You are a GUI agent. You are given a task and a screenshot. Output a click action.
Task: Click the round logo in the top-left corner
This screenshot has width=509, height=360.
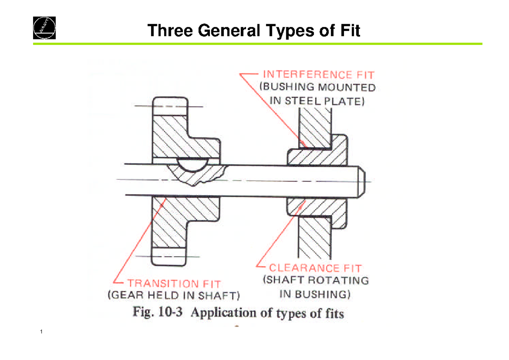[45, 28]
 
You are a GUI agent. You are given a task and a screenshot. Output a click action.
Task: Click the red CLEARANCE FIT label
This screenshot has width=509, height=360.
[316, 268]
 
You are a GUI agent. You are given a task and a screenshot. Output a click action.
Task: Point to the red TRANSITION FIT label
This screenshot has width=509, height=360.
[174, 283]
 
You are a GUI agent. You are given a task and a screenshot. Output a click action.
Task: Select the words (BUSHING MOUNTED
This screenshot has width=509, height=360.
[317, 88]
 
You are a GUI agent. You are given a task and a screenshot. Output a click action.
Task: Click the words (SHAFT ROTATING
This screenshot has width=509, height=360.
[316, 281]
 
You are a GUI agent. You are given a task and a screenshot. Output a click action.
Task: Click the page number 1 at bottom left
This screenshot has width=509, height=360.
[41, 332]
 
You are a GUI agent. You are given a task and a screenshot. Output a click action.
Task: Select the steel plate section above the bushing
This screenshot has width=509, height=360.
[314, 125]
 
